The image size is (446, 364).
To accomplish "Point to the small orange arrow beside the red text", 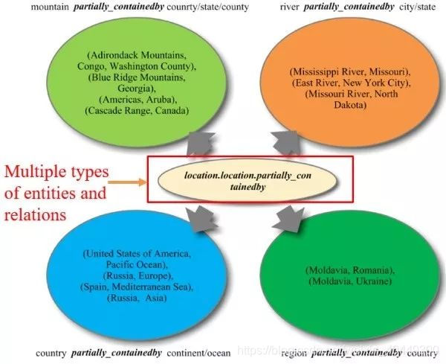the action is [x=127, y=181].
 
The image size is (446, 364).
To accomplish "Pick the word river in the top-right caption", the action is [x=289, y=8].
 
